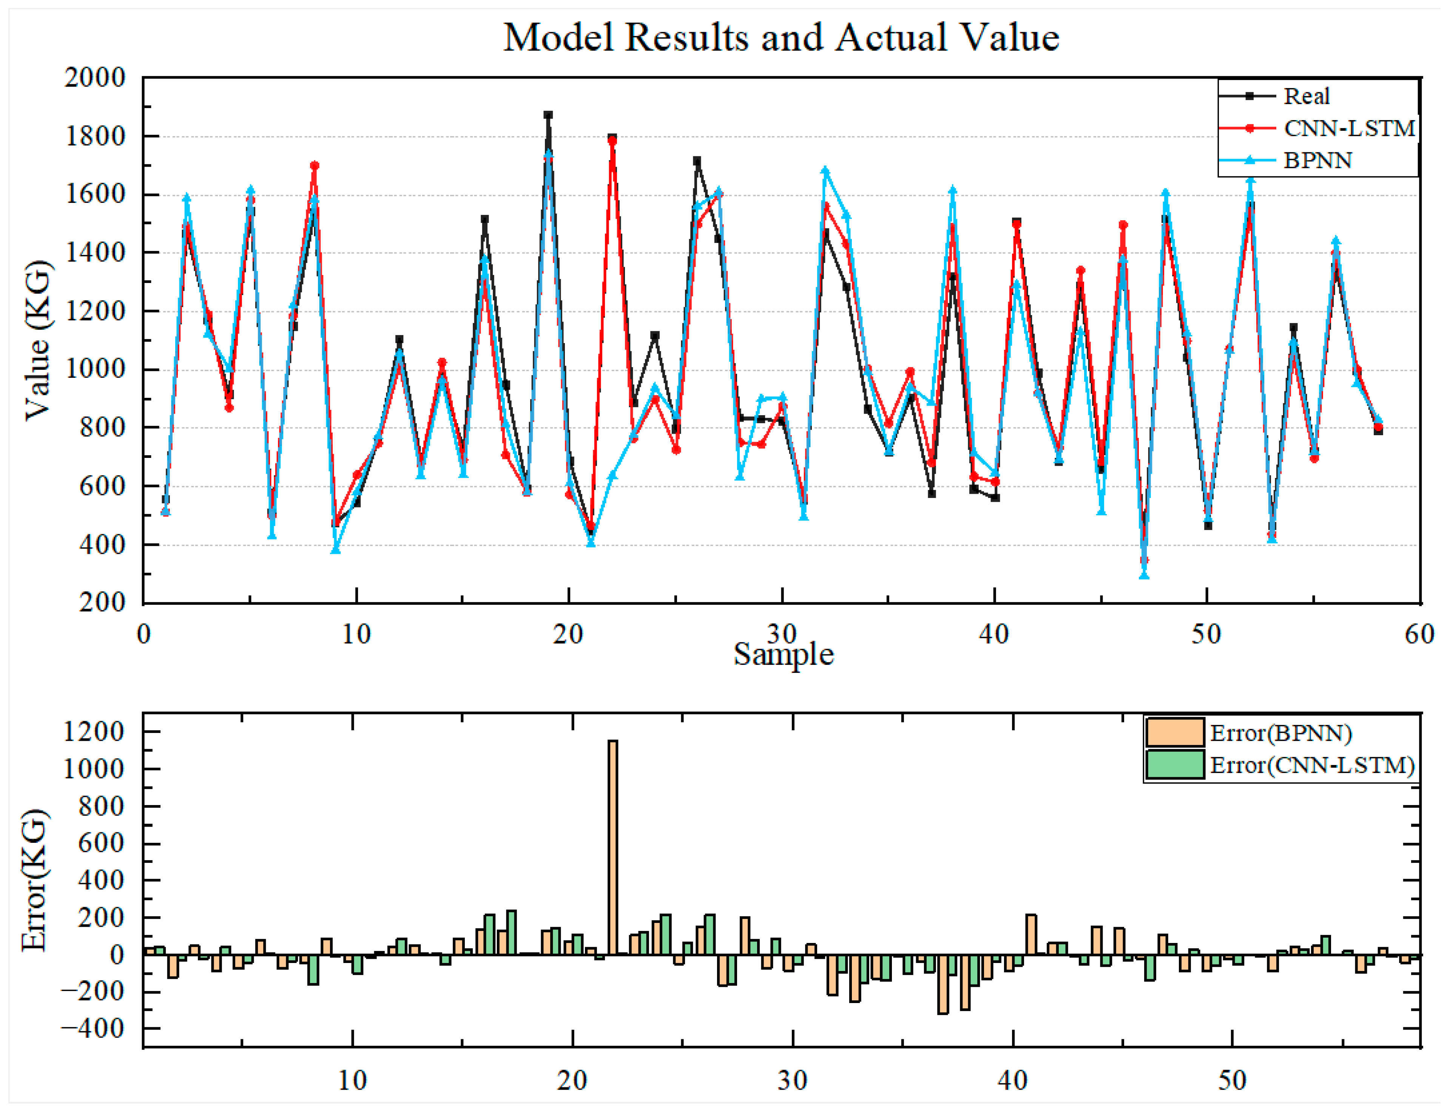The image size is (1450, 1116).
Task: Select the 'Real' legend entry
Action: click(1306, 96)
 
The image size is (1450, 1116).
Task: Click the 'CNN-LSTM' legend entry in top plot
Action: click(1348, 128)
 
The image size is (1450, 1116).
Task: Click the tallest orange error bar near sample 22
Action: click(612, 847)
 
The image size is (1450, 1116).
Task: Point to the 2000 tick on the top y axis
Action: click(95, 78)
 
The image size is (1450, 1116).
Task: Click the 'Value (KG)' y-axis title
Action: click(38, 340)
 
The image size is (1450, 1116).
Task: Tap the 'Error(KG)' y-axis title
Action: click(34, 880)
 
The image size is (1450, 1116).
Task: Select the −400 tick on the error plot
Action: click(92, 1029)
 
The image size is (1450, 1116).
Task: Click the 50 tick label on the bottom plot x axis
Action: click(1232, 1081)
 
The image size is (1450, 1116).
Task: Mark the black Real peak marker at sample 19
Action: click(548, 115)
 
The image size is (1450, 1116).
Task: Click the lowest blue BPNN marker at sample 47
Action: click(1143, 575)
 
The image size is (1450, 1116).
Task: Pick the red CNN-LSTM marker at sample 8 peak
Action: click(314, 165)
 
